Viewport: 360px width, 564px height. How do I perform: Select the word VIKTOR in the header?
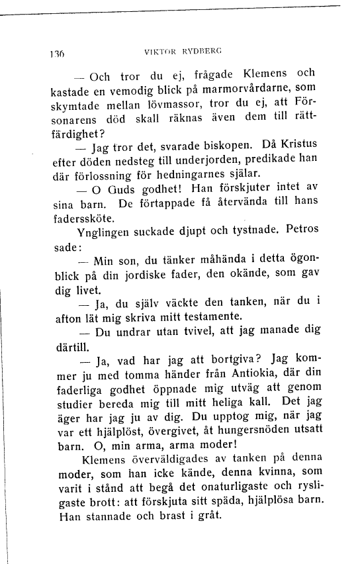pos(159,50)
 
